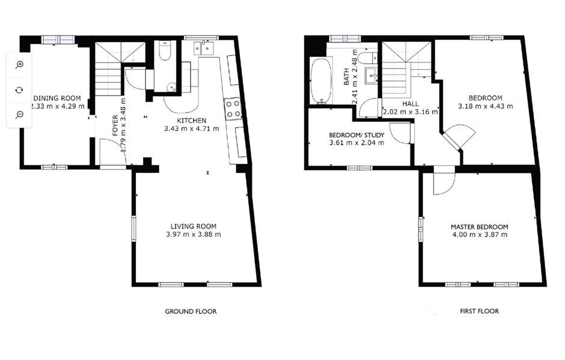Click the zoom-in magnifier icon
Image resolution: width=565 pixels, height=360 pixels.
click(x=19, y=65)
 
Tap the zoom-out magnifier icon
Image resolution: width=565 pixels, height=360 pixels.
click(x=19, y=114)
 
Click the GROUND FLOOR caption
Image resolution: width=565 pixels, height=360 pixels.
click(x=191, y=311)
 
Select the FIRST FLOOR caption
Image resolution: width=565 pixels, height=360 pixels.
click(x=479, y=311)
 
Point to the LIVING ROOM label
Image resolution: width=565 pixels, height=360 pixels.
click(x=193, y=226)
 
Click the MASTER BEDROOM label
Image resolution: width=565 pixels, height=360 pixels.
click(x=479, y=227)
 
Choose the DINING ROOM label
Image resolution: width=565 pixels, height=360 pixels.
click(x=57, y=99)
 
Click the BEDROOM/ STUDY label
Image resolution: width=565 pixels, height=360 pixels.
click(x=356, y=135)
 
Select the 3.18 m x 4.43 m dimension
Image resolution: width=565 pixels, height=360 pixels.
click(x=486, y=106)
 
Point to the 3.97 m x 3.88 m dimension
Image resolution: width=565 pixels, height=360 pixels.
click(x=193, y=234)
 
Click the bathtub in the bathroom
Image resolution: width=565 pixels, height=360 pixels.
click(x=320, y=81)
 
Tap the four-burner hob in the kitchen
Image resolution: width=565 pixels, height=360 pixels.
click(x=233, y=109)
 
